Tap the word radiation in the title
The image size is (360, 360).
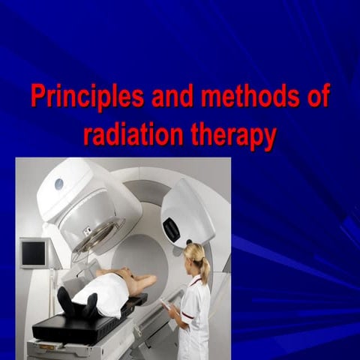129,136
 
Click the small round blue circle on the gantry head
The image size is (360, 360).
58,184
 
